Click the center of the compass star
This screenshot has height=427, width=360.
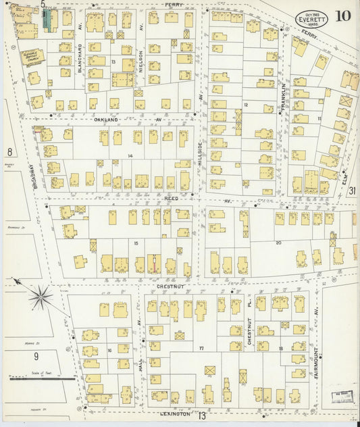[x=41, y=296]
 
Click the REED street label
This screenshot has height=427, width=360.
[x=170, y=199]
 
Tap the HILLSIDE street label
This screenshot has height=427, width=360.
[x=200, y=155]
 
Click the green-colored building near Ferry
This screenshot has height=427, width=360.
[x=47, y=20]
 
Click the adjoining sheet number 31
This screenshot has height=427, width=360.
[x=353, y=191]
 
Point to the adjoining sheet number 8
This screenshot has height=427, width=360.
[x=9, y=152]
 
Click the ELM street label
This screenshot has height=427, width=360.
[x=345, y=180]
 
